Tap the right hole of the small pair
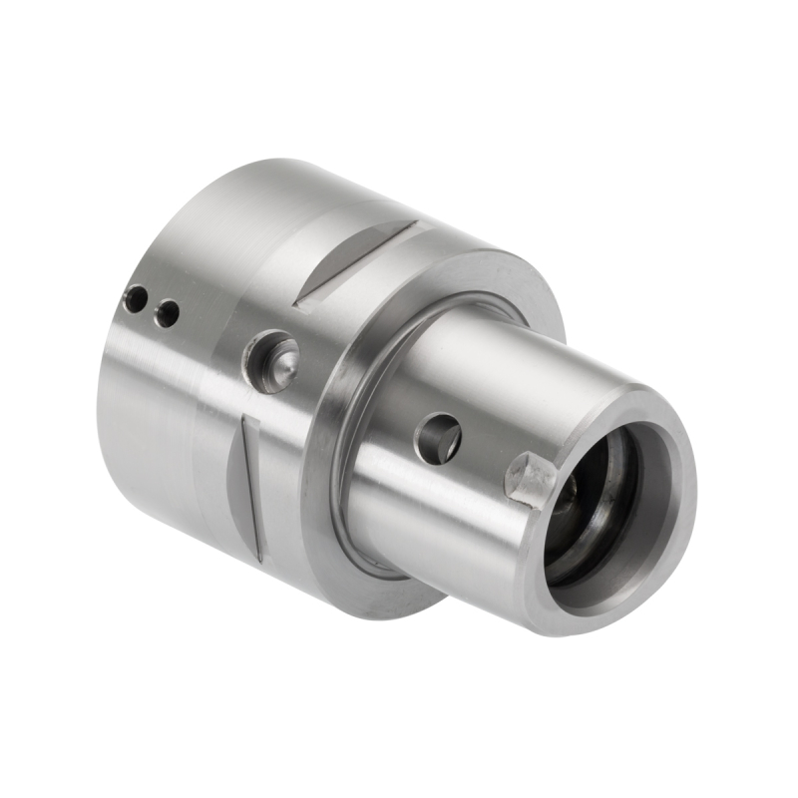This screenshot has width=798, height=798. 169,313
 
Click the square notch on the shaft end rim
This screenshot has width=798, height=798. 529,477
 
